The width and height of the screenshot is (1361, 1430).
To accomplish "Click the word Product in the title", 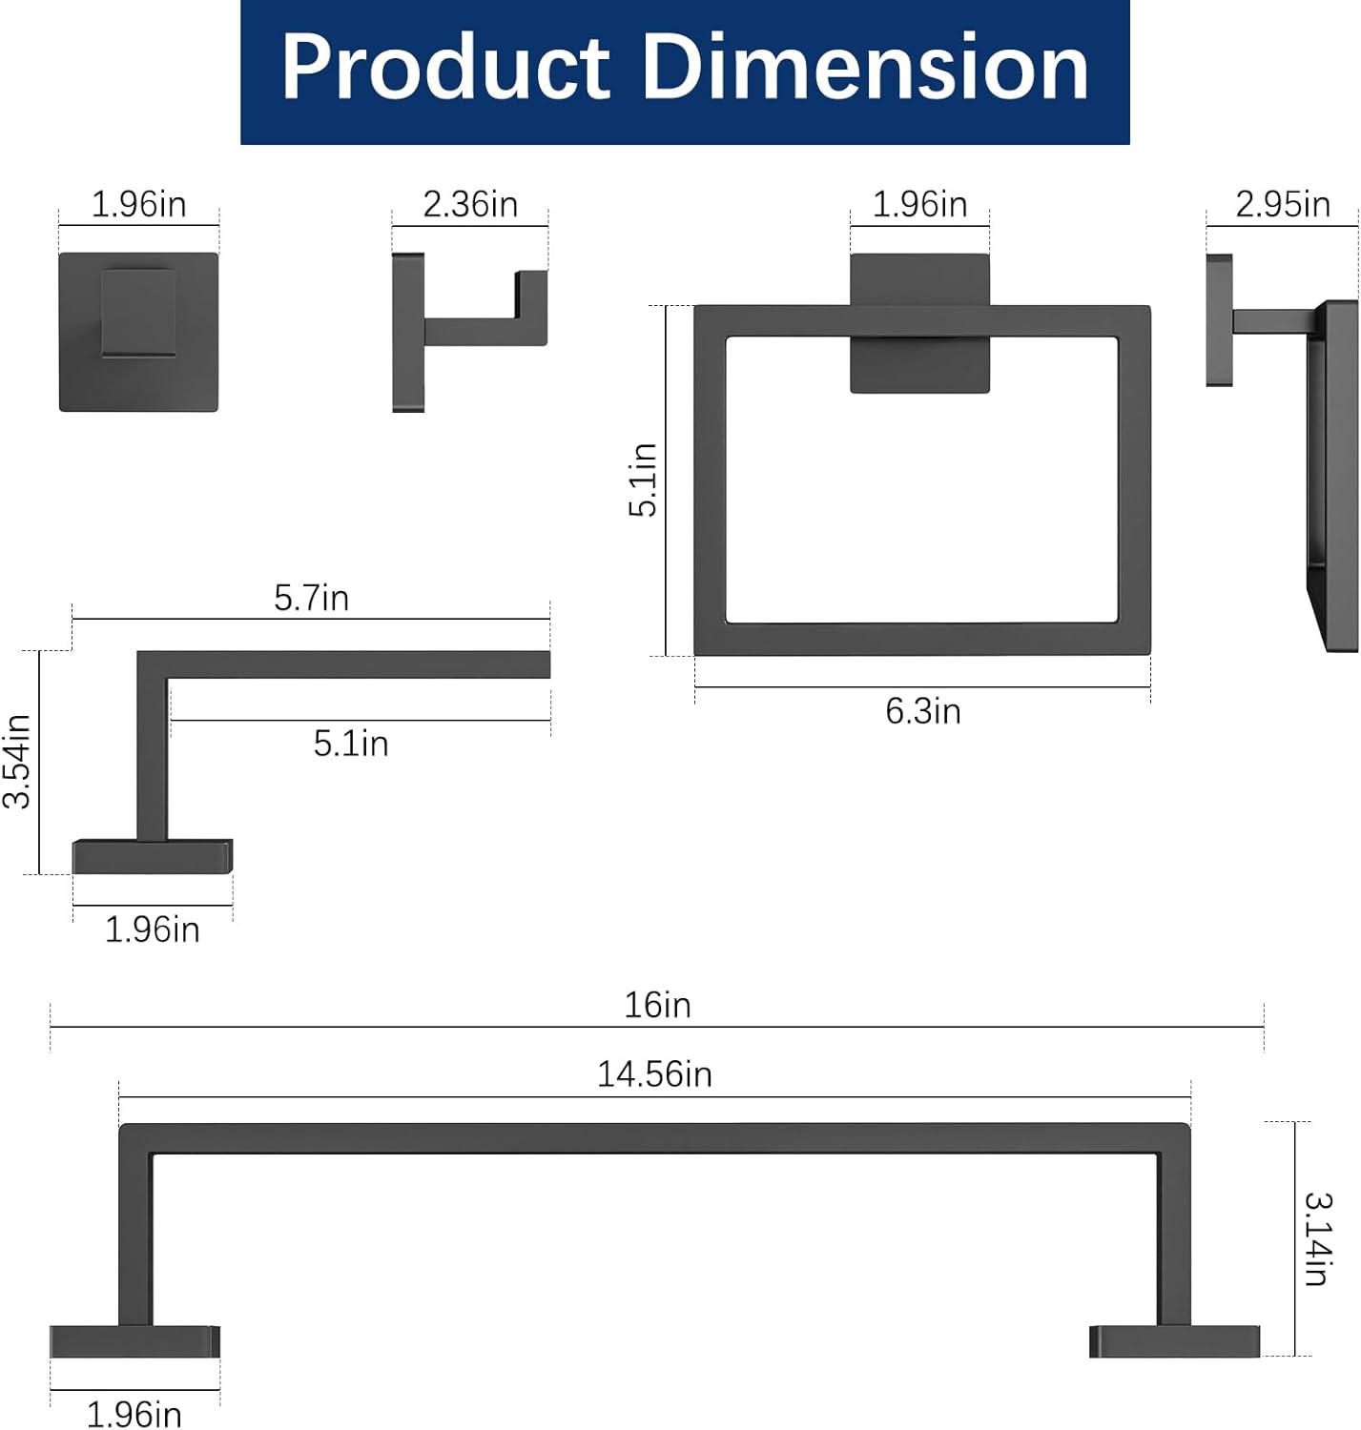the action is (x=445, y=67).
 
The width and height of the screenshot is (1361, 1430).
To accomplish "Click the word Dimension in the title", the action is (x=865, y=67).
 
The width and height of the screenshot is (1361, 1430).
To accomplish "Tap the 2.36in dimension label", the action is (x=470, y=204).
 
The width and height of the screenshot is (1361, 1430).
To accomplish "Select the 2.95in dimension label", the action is (x=1283, y=204).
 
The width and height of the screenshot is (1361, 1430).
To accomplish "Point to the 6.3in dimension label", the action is (x=923, y=711).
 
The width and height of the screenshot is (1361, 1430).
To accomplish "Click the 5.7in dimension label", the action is (x=312, y=598).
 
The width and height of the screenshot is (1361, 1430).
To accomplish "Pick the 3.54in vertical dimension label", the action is (x=17, y=761).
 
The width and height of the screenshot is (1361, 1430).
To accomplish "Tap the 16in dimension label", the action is (x=657, y=1005).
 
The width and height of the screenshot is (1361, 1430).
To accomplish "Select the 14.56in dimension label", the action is (x=654, y=1074).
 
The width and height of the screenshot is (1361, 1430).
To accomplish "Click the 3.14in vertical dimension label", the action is (x=1319, y=1238).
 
